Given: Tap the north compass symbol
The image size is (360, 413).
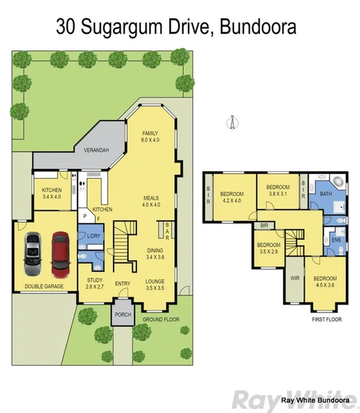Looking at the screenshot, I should click(x=232, y=122).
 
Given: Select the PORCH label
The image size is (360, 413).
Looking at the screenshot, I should click(x=121, y=314).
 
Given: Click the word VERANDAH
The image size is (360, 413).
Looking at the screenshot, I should click(x=97, y=150).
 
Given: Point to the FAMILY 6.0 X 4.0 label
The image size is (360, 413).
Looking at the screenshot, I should click(x=150, y=136).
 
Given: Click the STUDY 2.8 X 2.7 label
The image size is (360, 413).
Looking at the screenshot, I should click(x=95, y=284).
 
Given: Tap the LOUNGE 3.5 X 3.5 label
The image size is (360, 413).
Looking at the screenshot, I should click(x=154, y=284).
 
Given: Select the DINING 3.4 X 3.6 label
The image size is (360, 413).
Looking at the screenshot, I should click(x=154, y=254).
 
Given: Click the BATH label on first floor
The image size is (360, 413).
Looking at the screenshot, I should click(x=325, y=194).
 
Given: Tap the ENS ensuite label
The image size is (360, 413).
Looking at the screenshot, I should click(x=336, y=240).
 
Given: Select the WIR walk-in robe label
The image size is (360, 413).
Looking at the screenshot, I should click(x=294, y=278).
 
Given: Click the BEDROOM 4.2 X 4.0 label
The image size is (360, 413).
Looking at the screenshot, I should click(x=232, y=198).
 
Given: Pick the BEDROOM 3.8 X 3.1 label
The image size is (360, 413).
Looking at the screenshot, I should click(x=279, y=191).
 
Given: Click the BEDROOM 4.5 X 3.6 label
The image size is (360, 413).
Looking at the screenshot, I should click(x=324, y=281).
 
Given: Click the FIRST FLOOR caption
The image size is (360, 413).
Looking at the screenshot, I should click(x=326, y=319).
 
